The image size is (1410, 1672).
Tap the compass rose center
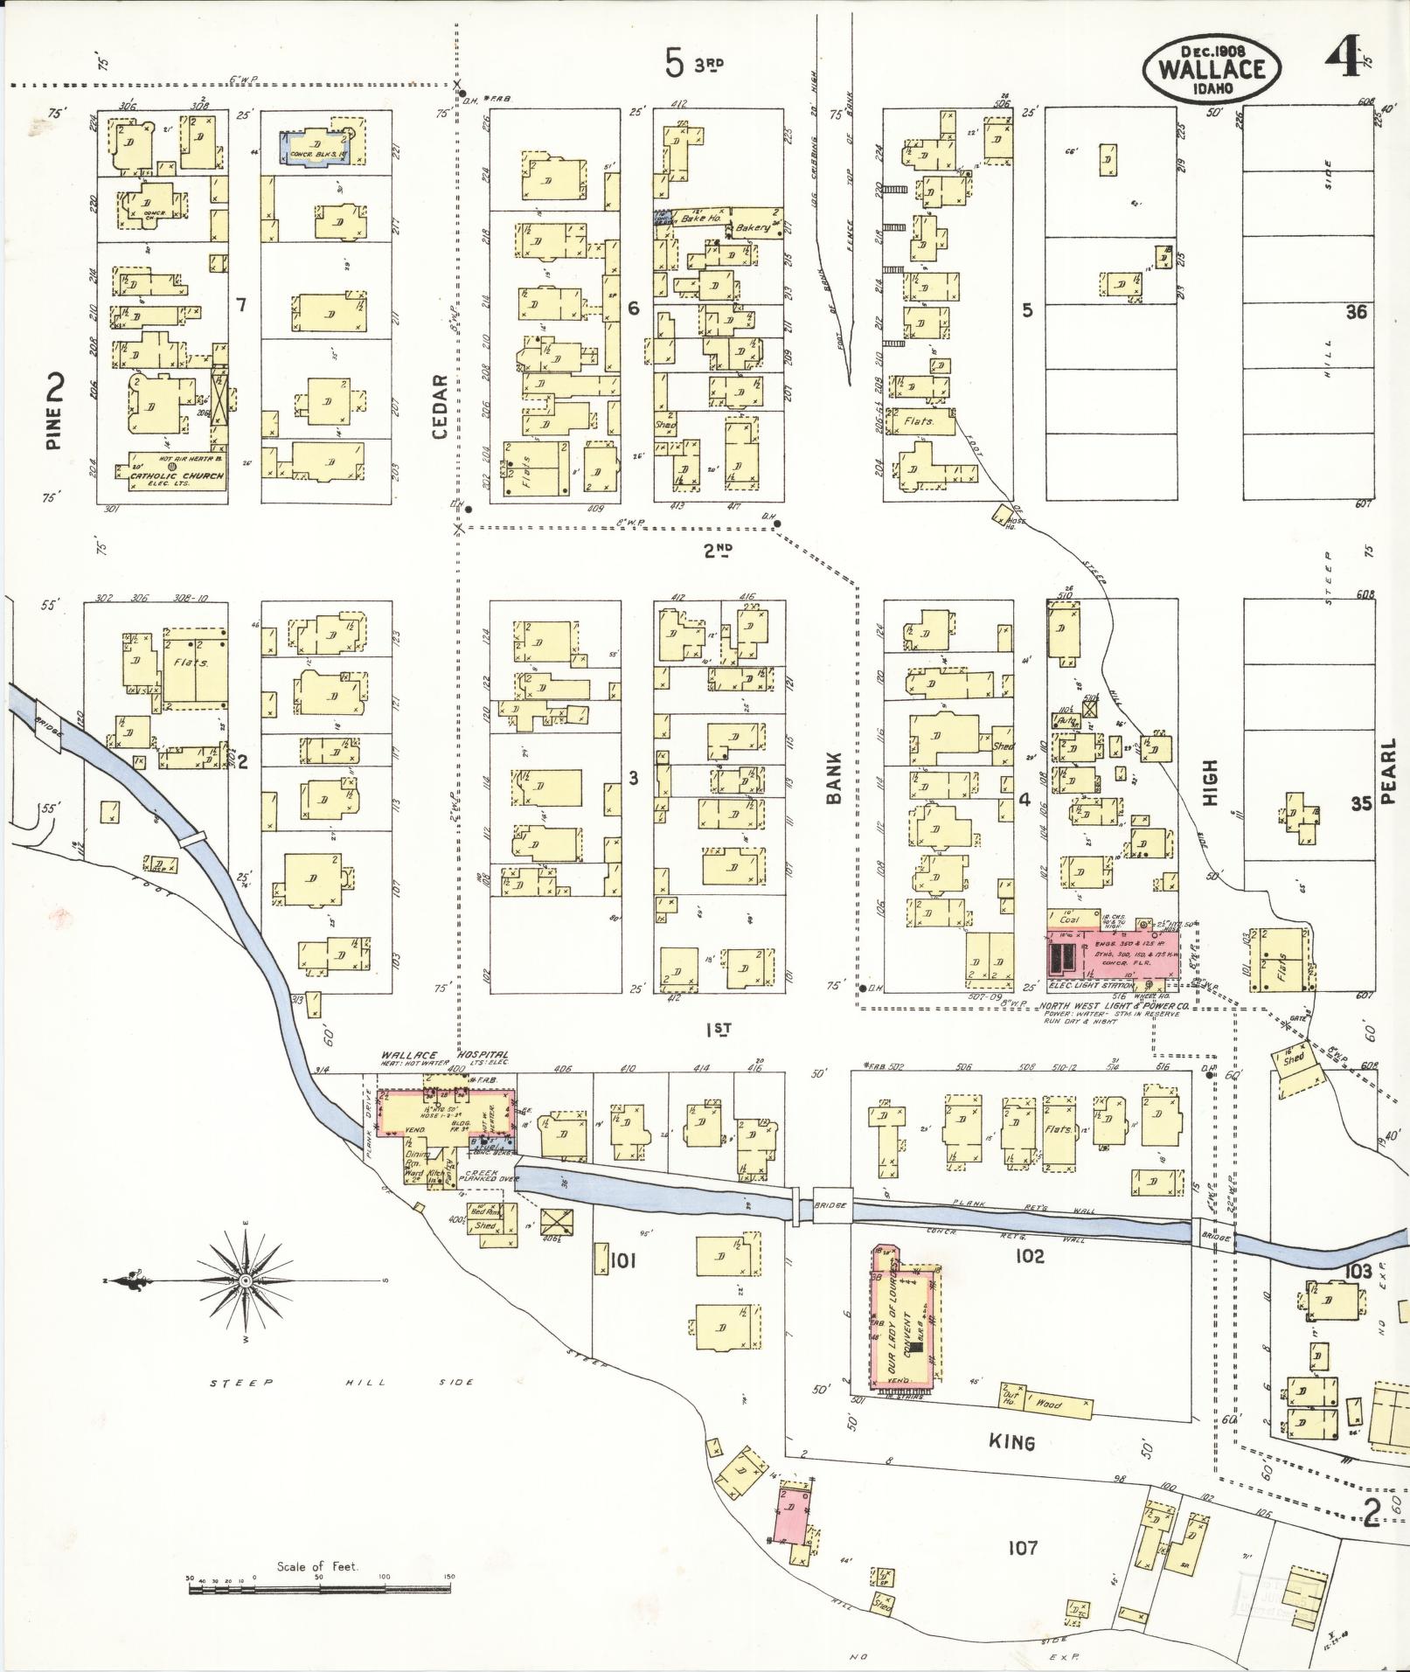(x=246, y=1280)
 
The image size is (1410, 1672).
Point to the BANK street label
(x=832, y=777)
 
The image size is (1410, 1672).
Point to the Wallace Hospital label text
(x=444, y=1055)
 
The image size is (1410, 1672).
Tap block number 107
(x=1021, y=1548)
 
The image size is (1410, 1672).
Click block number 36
(x=1356, y=313)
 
